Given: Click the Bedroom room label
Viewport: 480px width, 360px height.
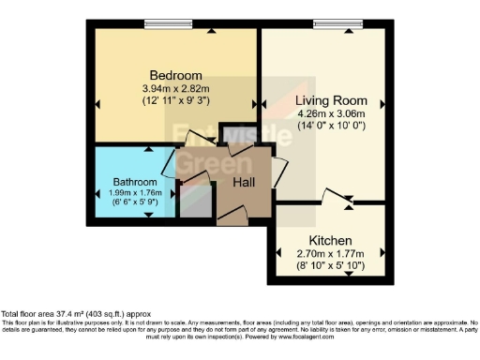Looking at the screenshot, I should (176, 75).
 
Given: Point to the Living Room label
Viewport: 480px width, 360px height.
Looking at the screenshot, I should (323, 100).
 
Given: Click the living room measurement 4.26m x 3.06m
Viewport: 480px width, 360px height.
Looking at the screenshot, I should (323, 113).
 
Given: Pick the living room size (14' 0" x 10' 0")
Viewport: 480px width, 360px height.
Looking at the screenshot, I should (323, 126).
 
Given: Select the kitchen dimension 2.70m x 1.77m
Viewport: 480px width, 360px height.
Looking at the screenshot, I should (330, 253).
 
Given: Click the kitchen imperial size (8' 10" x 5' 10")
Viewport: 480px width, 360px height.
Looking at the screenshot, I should (330, 265).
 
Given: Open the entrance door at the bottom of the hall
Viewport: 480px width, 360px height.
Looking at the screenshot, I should (233, 218).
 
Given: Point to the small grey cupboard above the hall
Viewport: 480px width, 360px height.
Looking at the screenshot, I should (231, 134).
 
